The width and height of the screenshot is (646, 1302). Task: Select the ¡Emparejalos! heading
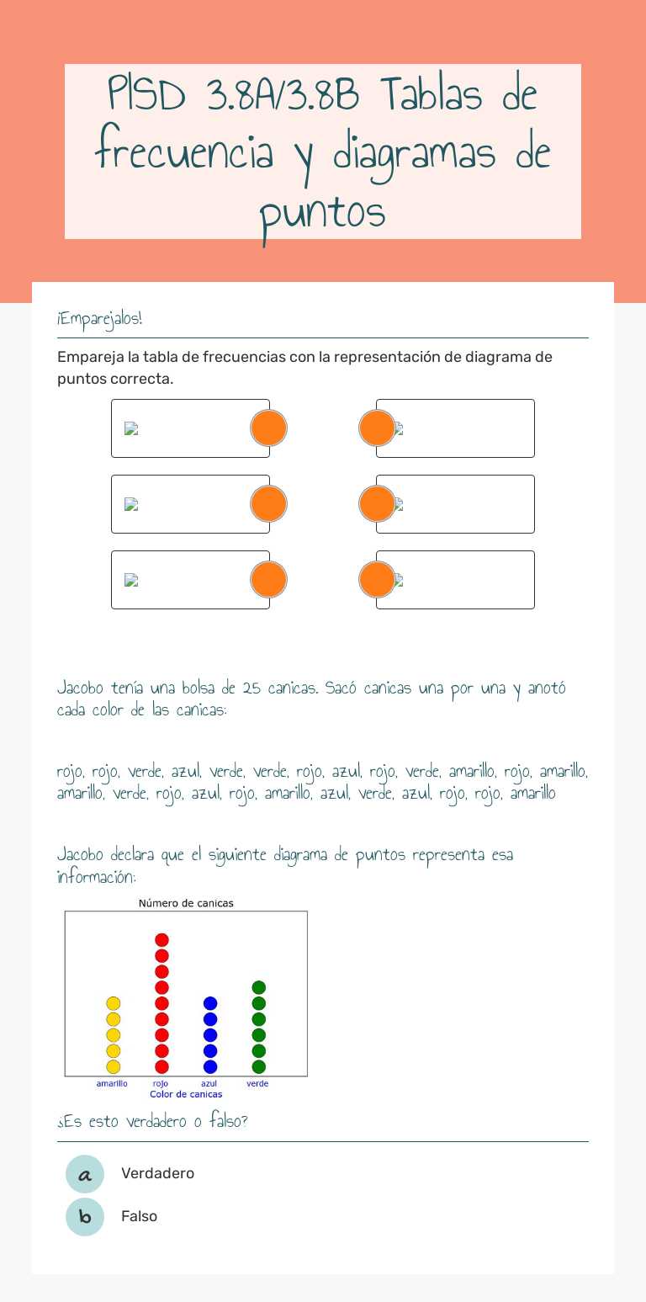[x=99, y=319]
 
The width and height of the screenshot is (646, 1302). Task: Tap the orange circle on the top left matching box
[x=269, y=428]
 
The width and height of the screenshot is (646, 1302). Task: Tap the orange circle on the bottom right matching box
[x=377, y=580]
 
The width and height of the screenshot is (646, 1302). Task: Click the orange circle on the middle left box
[x=269, y=504]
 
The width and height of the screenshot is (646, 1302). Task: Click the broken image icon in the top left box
[x=131, y=428]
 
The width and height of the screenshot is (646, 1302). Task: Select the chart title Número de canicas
[x=186, y=903]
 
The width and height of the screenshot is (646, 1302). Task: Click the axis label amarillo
[x=112, y=1083]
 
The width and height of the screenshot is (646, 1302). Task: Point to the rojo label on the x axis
[x=161, y=1083]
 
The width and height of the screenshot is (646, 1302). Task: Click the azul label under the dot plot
[x=209, y=1083]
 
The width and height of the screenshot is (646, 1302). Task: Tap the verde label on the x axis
[x=257, y=1083]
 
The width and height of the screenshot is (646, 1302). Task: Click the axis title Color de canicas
[x=186, y=1094]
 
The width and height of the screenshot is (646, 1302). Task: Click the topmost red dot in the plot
[x=161, y=940]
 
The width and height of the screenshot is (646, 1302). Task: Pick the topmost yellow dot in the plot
[x=113, y=1003]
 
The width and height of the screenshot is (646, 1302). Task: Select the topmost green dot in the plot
[x=259, y=987]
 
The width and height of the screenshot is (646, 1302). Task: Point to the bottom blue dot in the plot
[x=210, y=1066]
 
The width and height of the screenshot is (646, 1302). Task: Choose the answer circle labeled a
[x=85, y=1174]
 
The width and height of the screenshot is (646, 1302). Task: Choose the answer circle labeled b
[x=85, y=1217]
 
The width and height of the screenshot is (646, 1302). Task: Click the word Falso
[x=139, y=1216]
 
